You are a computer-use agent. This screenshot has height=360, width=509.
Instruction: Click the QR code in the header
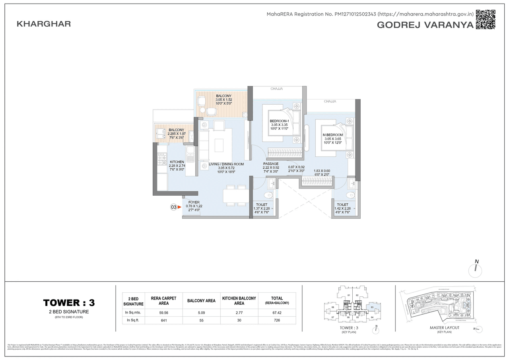tap(486, 19)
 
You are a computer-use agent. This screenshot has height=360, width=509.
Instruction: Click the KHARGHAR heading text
tap(44, 24)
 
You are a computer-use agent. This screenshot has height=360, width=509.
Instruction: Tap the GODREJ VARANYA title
tap(425, 25)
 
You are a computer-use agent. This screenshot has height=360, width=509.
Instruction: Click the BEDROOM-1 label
tap(279, 121)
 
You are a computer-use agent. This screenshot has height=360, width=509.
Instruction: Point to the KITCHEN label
tap(177, 162)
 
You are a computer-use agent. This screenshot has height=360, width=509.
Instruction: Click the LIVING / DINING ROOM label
tap(226, 164)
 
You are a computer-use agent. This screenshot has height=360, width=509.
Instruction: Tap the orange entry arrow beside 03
tap(179, 207)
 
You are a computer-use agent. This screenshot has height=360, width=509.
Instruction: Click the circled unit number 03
tap(173, 207)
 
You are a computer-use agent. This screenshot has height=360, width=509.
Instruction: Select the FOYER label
tap(194, 202)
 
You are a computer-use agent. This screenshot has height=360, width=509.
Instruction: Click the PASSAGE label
tap(271, 164)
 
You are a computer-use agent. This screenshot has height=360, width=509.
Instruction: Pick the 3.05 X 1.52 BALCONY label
tap(224, 96)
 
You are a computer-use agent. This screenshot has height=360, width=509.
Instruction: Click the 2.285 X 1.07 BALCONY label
tap(176, 130)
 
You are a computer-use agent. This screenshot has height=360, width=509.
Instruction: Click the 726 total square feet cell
tap(277, 320)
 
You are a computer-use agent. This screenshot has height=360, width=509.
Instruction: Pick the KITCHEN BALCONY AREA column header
tap(239, 300)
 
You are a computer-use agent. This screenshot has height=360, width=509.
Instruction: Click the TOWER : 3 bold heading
tap(69, 303)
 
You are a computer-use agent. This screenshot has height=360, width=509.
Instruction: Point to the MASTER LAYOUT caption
tap(444, 327)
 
